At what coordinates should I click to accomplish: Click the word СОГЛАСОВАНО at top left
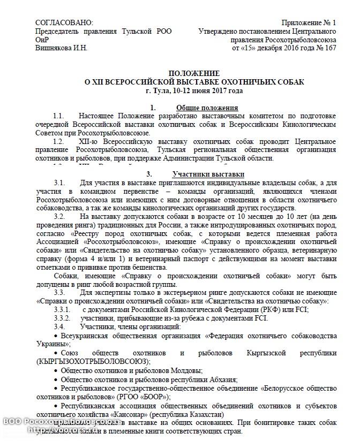click(64, 22)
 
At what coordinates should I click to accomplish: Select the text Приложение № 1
click(309, 22)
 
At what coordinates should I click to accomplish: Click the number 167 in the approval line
click(331, 48)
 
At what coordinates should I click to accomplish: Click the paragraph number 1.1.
click(59, 116)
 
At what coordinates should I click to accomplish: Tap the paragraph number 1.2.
click(59, 141)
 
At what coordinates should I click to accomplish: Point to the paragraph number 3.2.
click(59, 216)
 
